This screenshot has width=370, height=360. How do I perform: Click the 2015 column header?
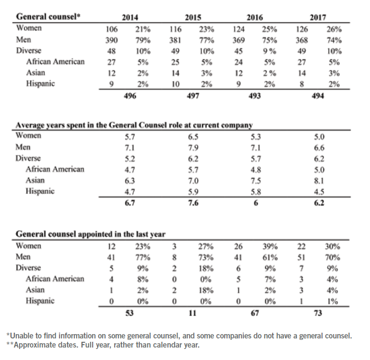pos(193,17)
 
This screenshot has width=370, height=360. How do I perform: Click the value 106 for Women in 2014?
pos(111,29)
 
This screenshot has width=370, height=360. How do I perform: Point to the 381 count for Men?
pos(176,40)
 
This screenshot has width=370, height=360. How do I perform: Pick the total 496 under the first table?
pos(130,96)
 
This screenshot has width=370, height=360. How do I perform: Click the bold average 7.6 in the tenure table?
pos(193,203)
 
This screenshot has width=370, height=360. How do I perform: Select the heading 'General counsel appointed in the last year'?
pos(91,235)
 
